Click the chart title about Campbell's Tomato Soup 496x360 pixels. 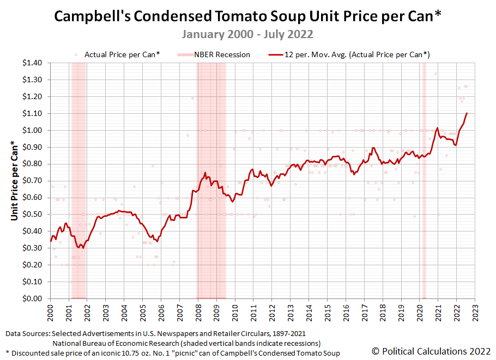(247, 16)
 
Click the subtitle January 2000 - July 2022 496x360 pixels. (247, 34)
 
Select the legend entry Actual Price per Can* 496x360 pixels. (117, 54)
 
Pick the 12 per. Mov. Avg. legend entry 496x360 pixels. (349, 54)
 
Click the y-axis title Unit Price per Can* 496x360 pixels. (15, 181)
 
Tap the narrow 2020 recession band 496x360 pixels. (424, 180)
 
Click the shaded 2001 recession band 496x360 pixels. (78, 180)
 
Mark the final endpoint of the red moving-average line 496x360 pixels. (467, 113)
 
